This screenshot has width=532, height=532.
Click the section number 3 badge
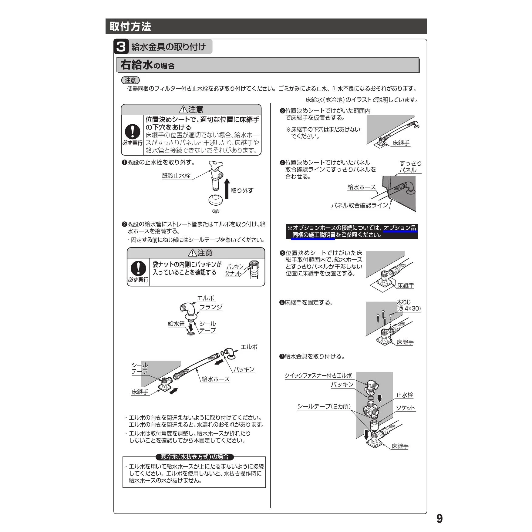pos(121,47)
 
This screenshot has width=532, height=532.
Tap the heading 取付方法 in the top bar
pos(130,26)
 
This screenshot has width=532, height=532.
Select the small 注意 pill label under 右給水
pos(130,80)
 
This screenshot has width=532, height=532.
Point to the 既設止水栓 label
pos(176,176)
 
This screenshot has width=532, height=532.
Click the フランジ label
pos(211,307)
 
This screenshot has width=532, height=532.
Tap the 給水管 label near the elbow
pos(176,324)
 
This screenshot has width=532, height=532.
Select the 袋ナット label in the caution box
pos(233,274)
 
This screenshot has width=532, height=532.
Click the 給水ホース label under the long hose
pos(216,379)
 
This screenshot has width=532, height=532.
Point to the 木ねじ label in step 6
pos(404,302)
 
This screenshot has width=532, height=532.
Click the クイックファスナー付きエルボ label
pos(318,375)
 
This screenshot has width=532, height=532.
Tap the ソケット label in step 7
pos(406,408)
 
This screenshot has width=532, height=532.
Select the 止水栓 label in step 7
pos(405,395)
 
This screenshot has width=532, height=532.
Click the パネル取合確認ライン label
pos(360,205)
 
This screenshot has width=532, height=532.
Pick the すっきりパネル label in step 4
pos(410,167)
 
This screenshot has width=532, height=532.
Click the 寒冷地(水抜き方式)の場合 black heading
pos(194,457)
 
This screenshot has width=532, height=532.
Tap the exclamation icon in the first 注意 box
pos(133,132)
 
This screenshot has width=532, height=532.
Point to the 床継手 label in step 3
pos(401,143)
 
